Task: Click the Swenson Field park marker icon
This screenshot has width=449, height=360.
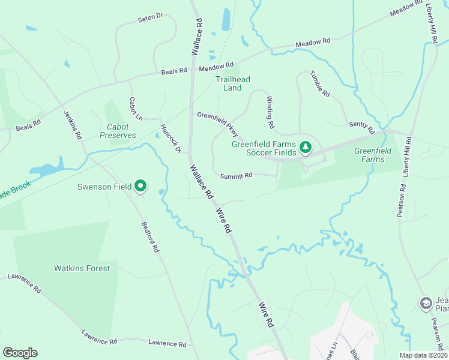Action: [x=140, y=187]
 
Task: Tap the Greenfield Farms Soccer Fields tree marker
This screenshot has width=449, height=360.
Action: [x=306, y=147]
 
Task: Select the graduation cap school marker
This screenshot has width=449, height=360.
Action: [x=426, y=303]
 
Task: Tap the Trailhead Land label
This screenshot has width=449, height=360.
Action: [x=233, y=83]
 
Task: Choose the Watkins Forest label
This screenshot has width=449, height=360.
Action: [x=82, y=268]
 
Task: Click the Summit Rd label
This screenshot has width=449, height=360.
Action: [x=236, y=175]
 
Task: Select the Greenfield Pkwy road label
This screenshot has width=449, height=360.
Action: [x=218, y=121]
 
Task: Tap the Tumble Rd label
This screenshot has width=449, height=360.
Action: [x=320, y=84]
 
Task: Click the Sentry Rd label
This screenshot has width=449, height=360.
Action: [x=361, y=127]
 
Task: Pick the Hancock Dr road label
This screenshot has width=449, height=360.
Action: [x=170, y=138]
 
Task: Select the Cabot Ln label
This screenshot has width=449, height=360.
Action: [x=136, y=108]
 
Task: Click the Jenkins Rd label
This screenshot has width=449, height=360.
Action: [x=72, y=124]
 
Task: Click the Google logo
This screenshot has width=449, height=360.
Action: [x=20, y=353]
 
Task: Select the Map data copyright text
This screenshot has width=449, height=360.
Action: [x=423, y=355]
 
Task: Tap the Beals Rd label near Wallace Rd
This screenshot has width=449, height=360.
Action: [x=174, y=71]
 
